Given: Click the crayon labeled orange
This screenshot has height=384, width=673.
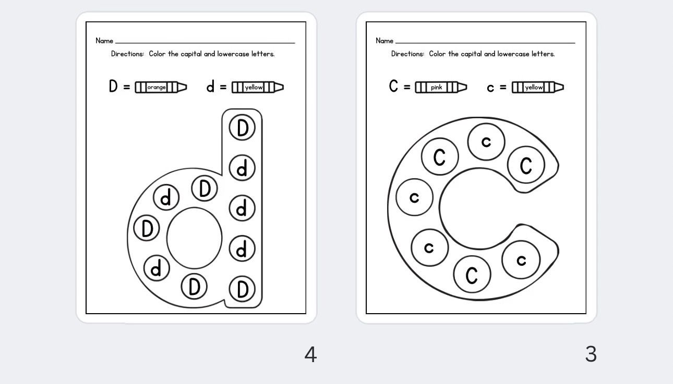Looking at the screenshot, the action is point(161,88).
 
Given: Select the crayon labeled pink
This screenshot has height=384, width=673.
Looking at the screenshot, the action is point(441,88).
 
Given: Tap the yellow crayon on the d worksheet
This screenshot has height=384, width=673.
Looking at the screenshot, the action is point(258,88).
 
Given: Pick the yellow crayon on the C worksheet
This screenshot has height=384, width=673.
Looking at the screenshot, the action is point(537,88).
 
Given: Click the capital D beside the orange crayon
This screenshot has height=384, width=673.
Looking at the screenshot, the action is point(113,86).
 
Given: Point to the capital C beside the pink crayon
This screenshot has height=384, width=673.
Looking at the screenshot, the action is point(393,86).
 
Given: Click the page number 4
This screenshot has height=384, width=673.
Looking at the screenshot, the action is point(310,355).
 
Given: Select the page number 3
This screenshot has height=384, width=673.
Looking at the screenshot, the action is point(591,354).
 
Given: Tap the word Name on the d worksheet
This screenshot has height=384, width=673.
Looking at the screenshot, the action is point(104,41).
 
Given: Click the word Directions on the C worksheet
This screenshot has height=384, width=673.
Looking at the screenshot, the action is point(407,54).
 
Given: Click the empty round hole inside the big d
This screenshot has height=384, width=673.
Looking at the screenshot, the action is point(195,238).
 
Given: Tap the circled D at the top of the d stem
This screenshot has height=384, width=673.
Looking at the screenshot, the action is point(242,128).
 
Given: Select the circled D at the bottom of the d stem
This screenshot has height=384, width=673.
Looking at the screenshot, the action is point(242,289).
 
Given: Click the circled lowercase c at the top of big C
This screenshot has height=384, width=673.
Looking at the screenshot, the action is point(486,142).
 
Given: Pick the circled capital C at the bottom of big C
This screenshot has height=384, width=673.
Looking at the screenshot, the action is point(472,275).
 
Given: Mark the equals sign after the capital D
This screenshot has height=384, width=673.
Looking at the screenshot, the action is point(127,87).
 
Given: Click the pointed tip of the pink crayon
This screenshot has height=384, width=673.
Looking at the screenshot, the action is point(466,88).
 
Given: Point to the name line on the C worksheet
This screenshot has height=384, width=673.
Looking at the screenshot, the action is point(485,43).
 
